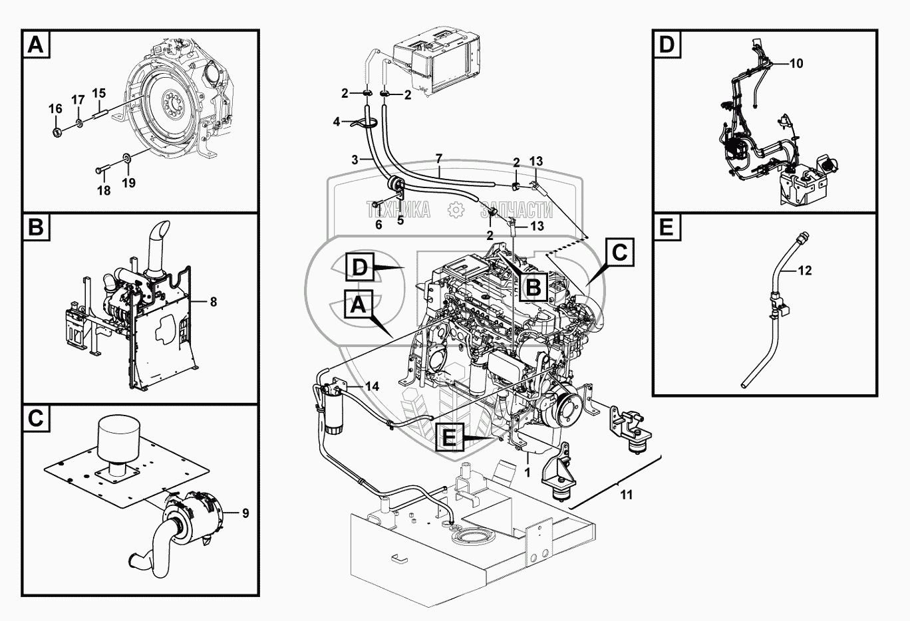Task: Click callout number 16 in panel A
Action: (x=56, y=108)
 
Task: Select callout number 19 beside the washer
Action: (x=128, y=182)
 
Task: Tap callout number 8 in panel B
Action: (x=213, y=302)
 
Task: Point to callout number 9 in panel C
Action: (x=245, y=513)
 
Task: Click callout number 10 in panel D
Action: (x=796, y=64)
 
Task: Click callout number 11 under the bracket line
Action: (x=626, y=495)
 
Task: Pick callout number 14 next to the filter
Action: (x=372, y=386)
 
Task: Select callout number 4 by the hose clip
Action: (x=337, y=122)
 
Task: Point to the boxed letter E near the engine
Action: (x=450, y=437)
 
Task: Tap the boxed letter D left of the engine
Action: (x=359, y=267)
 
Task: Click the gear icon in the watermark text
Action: (x=456, y=210)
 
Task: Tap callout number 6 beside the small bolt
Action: (x=379, y=224)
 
